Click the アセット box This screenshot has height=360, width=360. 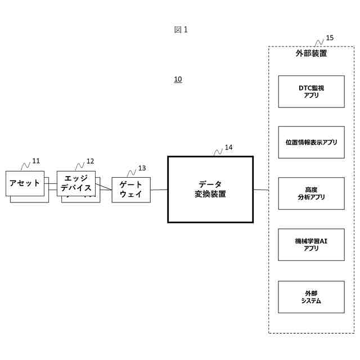click(25, 183)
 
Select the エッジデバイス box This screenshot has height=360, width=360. click(76, 183)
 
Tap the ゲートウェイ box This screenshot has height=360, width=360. click(131, 190)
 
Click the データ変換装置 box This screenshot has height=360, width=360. click(210, 190)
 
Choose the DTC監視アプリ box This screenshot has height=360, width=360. click(311, 92)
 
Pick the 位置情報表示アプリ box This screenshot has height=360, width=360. click(311, 142)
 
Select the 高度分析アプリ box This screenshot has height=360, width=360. click(311, 193)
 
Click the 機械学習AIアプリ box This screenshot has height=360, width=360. click(311, 245)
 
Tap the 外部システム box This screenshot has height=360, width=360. click(311, 297)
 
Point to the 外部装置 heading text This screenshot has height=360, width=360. click(311, 54)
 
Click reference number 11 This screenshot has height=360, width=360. click(36, 161)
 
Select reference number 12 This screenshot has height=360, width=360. click(90, 161)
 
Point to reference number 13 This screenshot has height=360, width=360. click(142, 168)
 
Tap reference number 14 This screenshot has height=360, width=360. click(228, 147)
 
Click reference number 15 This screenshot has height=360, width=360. click(330, 38)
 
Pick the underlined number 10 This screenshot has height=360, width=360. click(178, 79)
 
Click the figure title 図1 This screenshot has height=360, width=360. click(180, 30)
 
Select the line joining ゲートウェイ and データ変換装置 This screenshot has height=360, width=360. click(159, 190)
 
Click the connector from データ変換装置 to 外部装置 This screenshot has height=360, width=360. click(260, 190)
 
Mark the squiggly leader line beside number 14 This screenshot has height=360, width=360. click(218, 151)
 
